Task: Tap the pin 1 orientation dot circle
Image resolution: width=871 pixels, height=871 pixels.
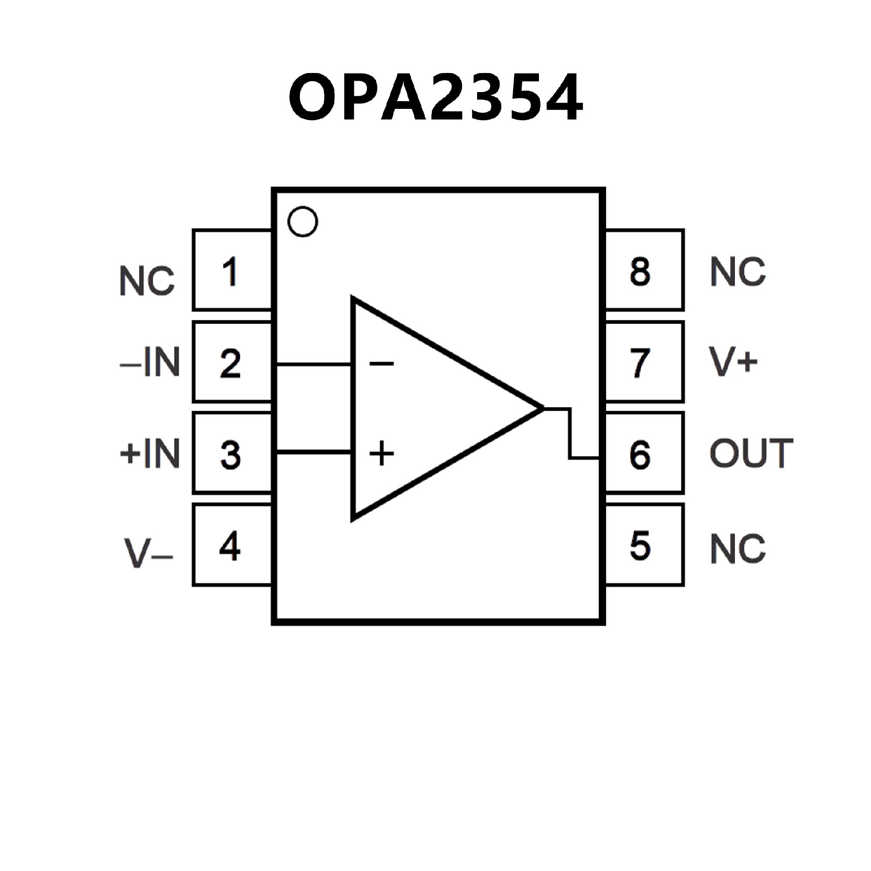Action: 303,221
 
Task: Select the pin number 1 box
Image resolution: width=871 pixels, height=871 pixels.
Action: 232,270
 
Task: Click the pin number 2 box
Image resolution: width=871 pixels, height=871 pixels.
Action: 232,362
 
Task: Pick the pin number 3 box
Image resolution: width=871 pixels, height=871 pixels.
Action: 232,453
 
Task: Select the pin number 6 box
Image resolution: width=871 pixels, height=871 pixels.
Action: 644,453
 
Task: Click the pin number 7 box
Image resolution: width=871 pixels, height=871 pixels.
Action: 644,362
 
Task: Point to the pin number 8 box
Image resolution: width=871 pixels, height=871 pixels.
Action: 644,270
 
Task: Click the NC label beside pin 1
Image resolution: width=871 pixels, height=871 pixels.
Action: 147,281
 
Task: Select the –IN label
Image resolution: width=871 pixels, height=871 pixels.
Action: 150,362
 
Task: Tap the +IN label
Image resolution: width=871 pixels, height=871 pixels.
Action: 150,453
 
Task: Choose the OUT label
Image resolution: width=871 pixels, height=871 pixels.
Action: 751,453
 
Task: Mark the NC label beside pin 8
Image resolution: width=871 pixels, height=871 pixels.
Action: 738,271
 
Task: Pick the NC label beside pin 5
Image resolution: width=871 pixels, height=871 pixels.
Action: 738,548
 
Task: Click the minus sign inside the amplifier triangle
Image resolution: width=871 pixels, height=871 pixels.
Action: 382,363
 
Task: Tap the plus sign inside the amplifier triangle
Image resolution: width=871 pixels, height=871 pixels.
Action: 382,453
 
